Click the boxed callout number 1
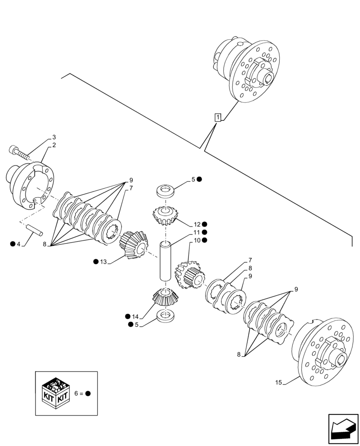217,118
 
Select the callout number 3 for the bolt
54,137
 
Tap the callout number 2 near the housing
54,145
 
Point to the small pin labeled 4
34,230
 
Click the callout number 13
104,261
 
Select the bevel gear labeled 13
132,244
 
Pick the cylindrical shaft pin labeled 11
165,261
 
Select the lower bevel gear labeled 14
165,297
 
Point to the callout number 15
278,383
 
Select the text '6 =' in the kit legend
78,393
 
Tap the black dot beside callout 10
205,240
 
